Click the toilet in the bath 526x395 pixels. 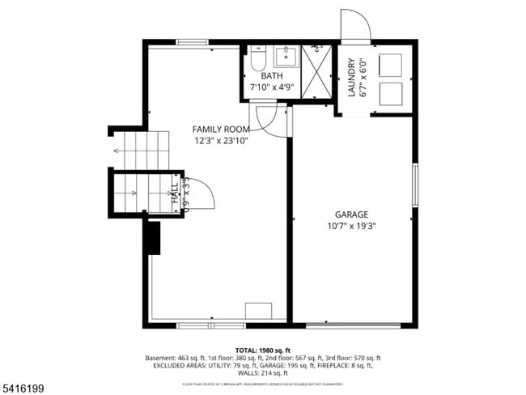coord(258,58)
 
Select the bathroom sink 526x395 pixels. coord(286,57)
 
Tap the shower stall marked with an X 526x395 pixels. coord(316,72)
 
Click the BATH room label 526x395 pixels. coord(271,76)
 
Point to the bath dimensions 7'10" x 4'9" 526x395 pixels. coord(271,87)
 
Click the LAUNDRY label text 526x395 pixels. coord(351,79)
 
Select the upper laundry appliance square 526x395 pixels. coord(391,66)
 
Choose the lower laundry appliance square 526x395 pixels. coord(391,94)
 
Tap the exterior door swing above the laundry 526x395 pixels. coord(354,26)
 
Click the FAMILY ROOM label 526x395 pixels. coord(220,130)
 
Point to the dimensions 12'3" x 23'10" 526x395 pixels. coord(220,141)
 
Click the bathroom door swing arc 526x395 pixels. coord(268,119)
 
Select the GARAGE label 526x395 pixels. coord(351,214)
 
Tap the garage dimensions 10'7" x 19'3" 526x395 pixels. coord(351,226)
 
